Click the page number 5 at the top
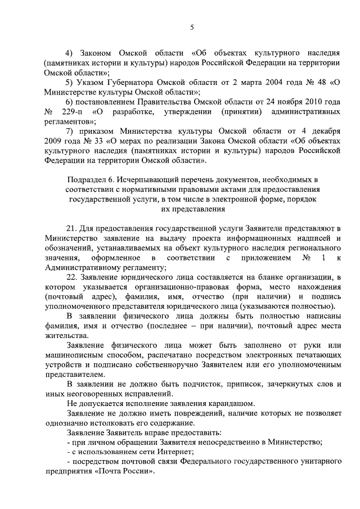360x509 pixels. coord(191,26)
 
